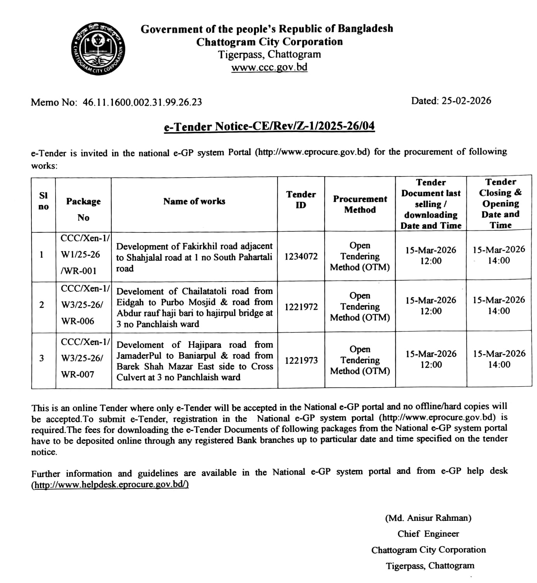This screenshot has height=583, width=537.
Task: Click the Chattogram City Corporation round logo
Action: pyautogui.click(x=98, y=49)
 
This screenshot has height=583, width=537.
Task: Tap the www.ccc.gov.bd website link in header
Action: pyautogui.click(x=269, y=67)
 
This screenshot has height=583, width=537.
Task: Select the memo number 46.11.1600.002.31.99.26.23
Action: pyautogui.click(x=142, y=102)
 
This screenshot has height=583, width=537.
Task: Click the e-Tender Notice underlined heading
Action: pyautogui.click(x=269, y=127)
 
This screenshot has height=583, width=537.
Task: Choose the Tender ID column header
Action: pyautogui.click(x=301, y=200)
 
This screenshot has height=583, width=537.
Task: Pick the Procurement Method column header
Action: pyautogui.click(x=360, y=204)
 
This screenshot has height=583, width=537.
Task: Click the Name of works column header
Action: pyautogui.click(x=194, y=201)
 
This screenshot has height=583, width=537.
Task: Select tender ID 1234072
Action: pyautogui.click(x=301, y=257)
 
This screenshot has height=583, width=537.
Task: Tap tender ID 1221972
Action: pyautogui.click(x=301, y=307)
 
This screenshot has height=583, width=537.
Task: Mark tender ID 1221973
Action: pyautogui.click(x=301, y=361)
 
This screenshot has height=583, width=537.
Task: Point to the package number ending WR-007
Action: pyautogui.click(x=78, y=375)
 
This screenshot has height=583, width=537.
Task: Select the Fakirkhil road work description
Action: pyautogui.click(x=194, y=257)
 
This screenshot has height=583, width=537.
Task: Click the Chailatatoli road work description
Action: pyautogui.click(x=194, y=307)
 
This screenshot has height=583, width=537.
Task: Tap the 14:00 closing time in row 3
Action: pyautogui.click(x=499, y=365)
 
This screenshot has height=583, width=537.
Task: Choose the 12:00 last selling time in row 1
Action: pyautogui.click(x=431, y=261)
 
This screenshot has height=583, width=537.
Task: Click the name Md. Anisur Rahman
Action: pyautogui.click(x=428, y=518)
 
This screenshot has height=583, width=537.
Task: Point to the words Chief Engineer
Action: pyautogui.click(x=428, y=534)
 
